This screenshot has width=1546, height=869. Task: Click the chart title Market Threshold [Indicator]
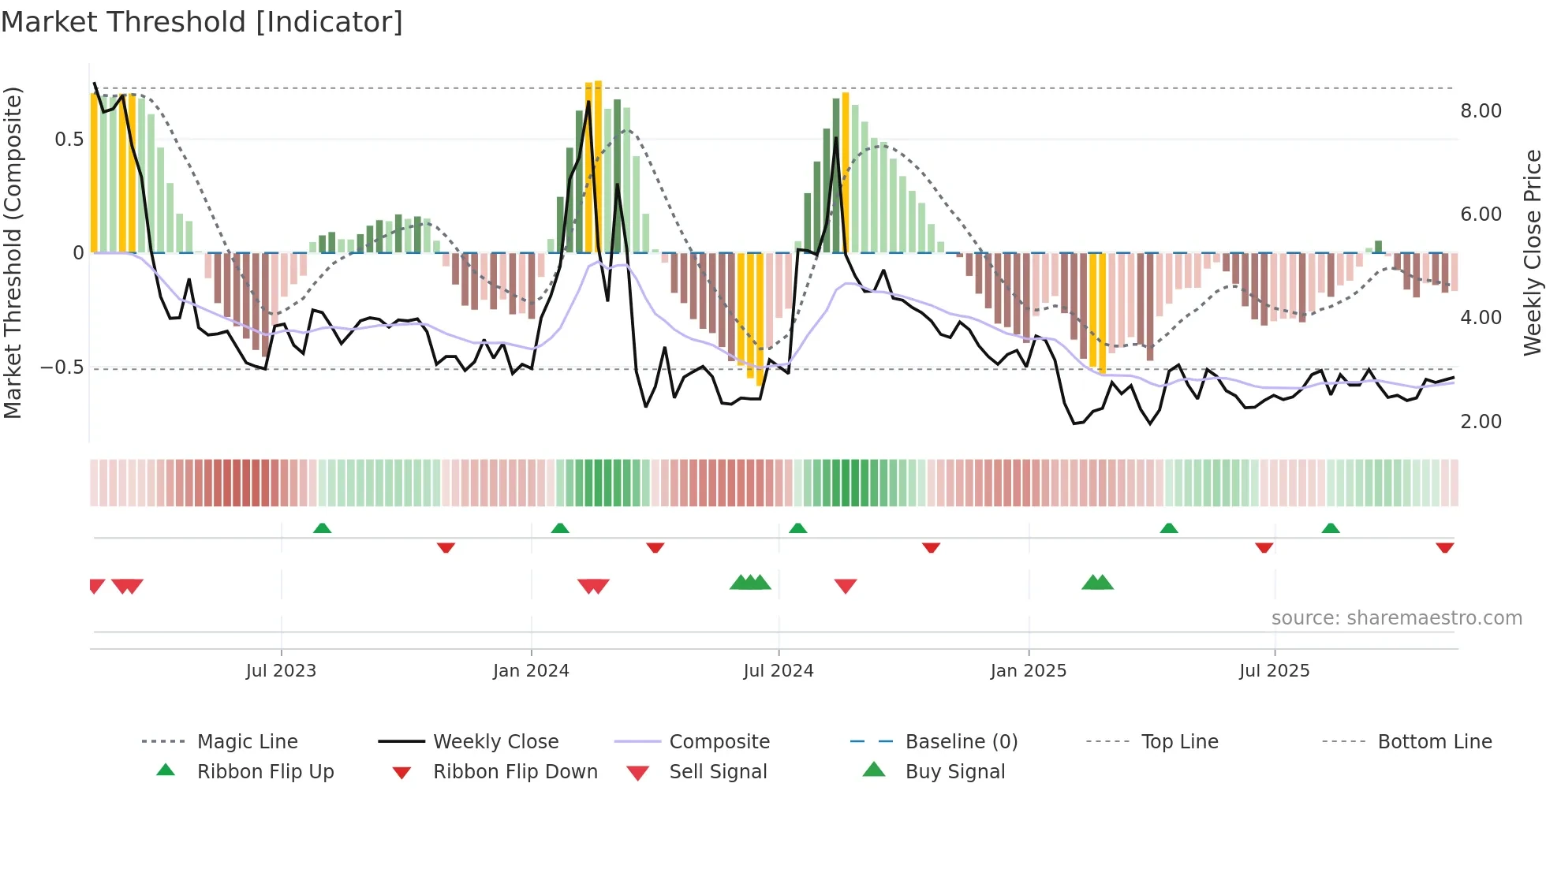[202, 22]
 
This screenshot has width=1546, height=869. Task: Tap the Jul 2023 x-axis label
[281, 671]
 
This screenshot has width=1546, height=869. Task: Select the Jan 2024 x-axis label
[531, 671]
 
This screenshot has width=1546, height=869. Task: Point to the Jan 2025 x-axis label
[1029, 671]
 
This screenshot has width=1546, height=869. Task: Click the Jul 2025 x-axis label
[1275, 671]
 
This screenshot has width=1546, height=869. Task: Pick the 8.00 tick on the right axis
[1481, 111]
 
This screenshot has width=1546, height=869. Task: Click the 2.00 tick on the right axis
[1481, 422]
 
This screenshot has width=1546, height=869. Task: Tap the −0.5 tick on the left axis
[62, 367]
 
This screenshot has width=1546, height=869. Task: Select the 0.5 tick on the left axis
[69, 140]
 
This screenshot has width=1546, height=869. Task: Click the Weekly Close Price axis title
[1532, 252]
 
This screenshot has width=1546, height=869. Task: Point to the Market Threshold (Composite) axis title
[13, 252]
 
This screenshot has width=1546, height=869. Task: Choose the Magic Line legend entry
[247, 742]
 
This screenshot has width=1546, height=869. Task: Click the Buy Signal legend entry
[954, 772]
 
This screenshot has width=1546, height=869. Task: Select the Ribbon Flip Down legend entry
[514, 772]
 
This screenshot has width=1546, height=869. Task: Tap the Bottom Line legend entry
[1434, 742]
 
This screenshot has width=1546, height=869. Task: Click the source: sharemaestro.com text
[1396, 618]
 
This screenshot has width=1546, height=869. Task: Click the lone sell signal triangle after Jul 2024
[846, 586]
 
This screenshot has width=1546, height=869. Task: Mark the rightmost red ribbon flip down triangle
[1445, 547]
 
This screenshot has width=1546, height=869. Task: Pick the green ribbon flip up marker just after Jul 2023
[322, 528]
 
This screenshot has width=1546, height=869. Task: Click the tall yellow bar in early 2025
[1097, 311]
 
